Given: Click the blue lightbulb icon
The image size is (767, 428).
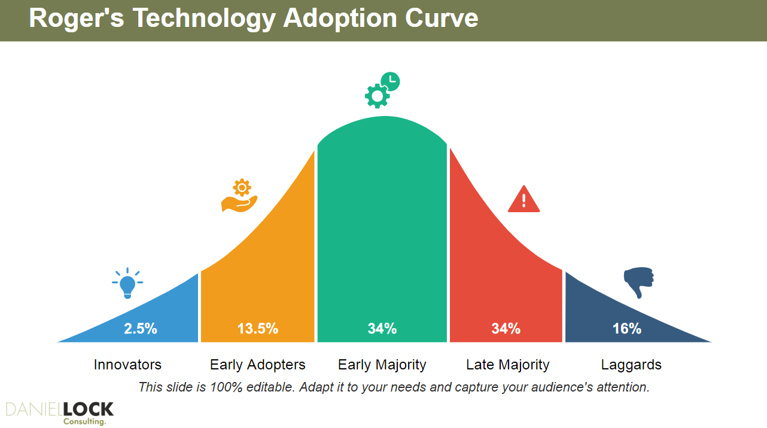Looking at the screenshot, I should click(127, 283).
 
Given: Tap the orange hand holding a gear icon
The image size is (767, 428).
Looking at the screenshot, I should click(239, 196).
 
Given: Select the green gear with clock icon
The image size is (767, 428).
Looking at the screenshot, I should click(382, 91).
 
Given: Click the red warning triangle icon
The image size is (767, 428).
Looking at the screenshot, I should click(523, 200).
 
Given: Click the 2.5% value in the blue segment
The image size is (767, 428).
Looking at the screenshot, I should click(141, 328).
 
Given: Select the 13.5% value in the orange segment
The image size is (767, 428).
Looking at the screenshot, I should click(258, 328).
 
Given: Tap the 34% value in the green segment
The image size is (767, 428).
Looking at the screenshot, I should click(382, 328).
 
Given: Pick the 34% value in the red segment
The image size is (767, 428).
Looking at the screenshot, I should click(506, 328).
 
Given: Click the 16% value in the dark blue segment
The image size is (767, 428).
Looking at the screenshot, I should click(627, 328).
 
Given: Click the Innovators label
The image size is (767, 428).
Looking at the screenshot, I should click(127, 365).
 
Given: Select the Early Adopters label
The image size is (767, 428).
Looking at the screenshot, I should click(258, 365).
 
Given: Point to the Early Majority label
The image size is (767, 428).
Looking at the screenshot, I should click(382, 365).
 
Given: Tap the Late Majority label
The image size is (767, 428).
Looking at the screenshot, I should click(508, 365).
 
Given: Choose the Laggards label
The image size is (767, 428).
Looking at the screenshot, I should click(631, 365).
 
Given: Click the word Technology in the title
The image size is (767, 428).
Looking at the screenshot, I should click(203, 19).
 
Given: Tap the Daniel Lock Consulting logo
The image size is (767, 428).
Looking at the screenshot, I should click(59, 412).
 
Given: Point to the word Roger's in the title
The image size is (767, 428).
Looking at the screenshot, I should click(77, 19).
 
